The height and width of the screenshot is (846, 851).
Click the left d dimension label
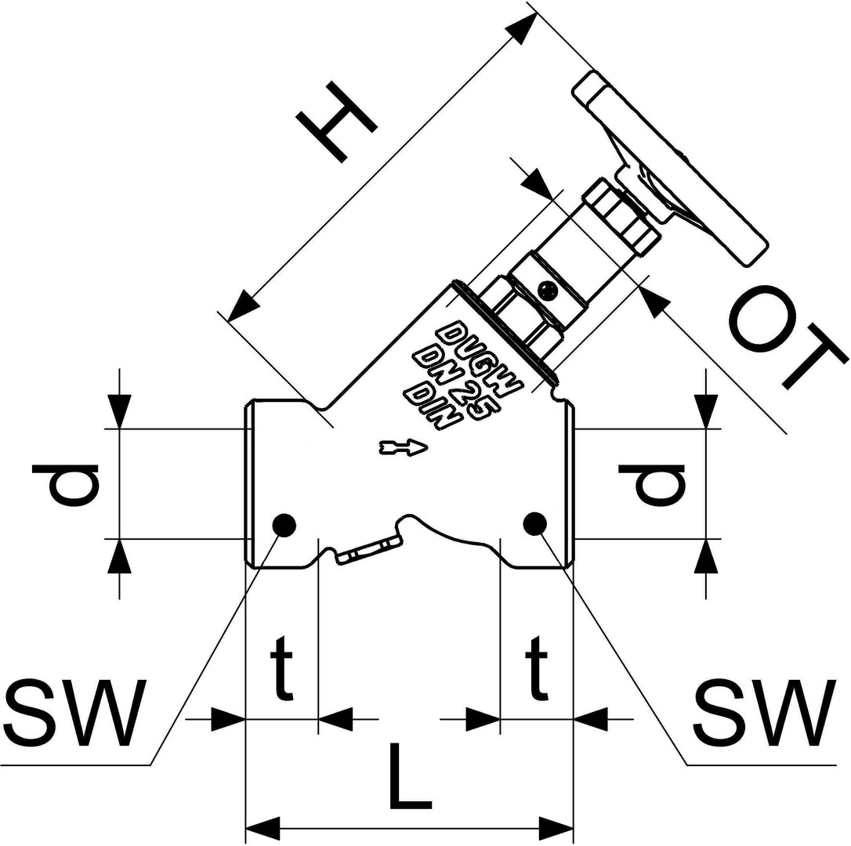click(x=66, y=485)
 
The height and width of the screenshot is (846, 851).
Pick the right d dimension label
click(x=652, y=484)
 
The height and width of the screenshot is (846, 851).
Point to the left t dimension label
click(x=281, y=667)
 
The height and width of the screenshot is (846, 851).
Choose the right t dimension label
click(x=537, y=667)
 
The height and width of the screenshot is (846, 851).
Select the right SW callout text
click(x=765, y=713)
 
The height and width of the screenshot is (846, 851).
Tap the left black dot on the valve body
click(x=284, y=525)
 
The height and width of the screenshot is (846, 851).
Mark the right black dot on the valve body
click(x=535, y=524)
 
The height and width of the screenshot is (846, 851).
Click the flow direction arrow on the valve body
click(x=404, y=446)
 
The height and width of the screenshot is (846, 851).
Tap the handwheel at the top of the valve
click(x=670, y=168)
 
